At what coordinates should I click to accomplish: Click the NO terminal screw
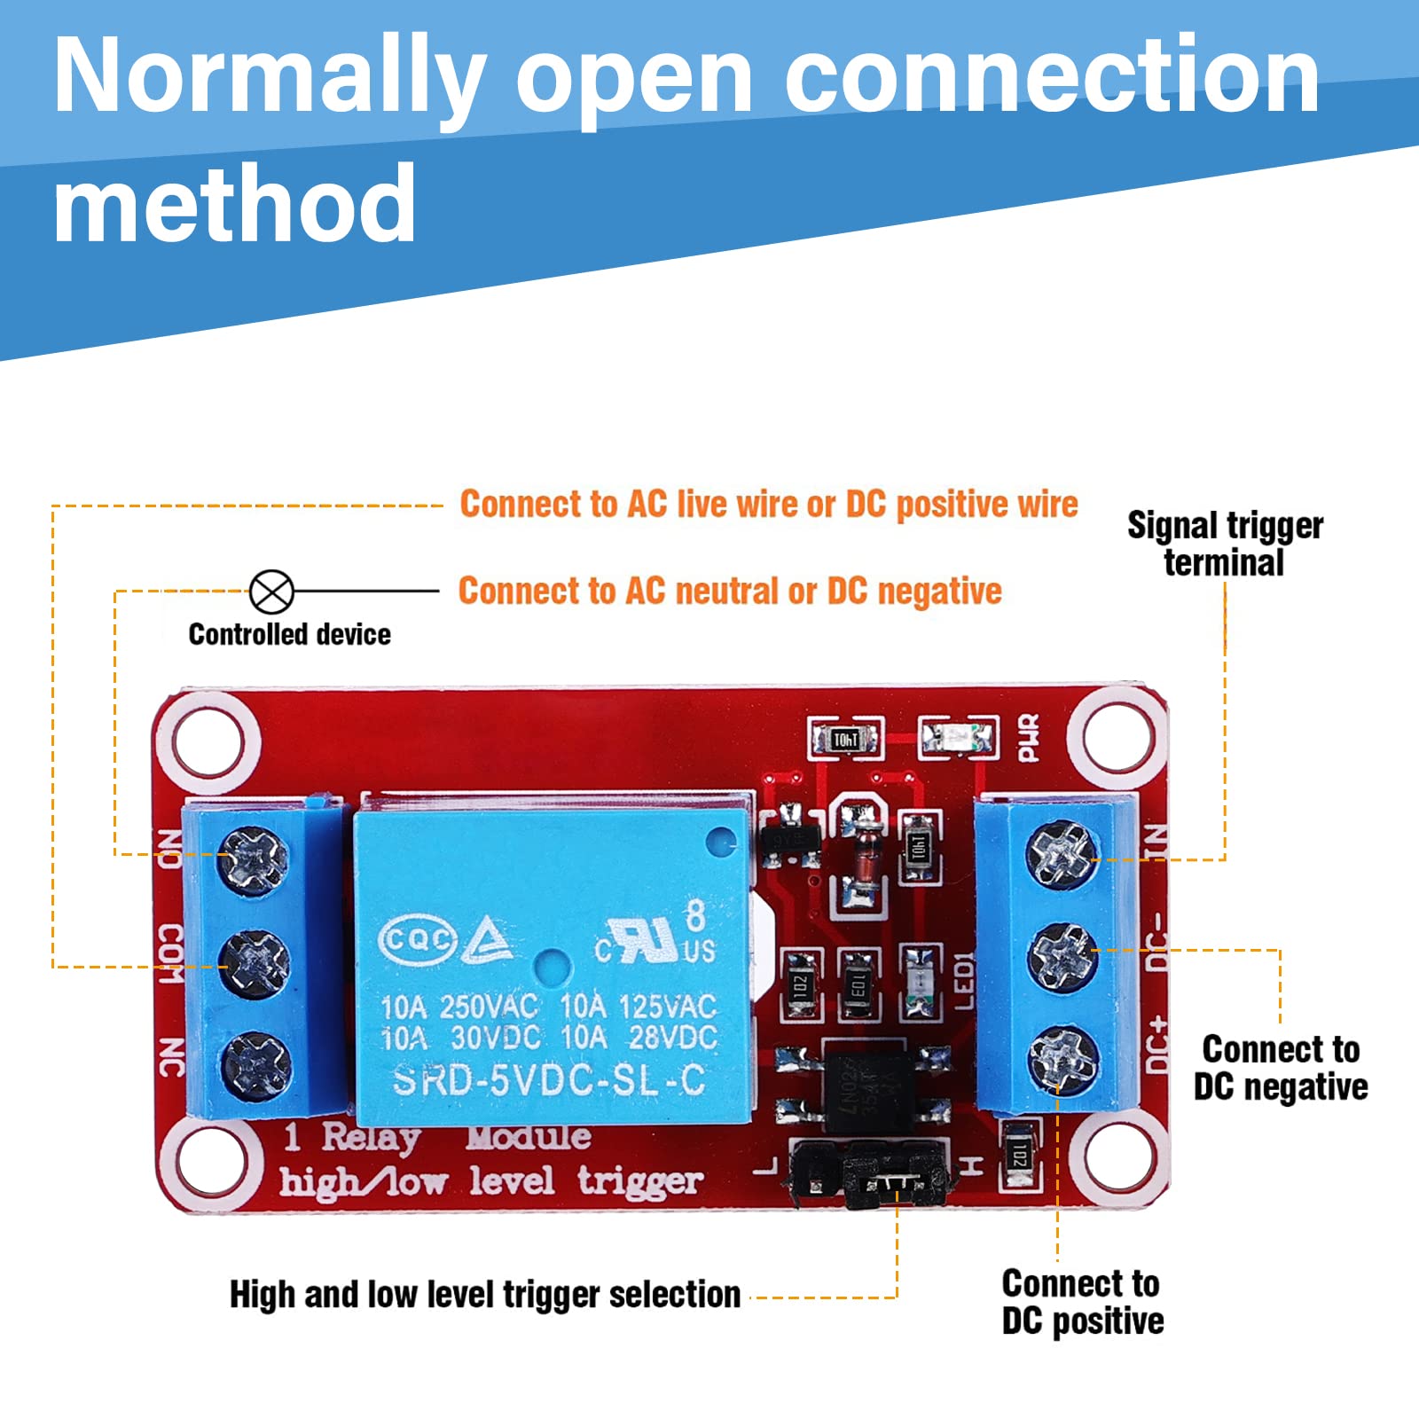(255, 858)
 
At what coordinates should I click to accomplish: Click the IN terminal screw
(1062, 854)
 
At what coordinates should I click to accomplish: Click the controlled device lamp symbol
(271, 592)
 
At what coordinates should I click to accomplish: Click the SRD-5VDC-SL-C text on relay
(549, 1080)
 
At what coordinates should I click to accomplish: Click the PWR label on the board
(1028, 738)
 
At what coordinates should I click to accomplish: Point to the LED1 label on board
(965, 981)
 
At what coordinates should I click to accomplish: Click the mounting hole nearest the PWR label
(1116, 738)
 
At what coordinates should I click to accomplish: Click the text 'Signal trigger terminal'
(1225, 544)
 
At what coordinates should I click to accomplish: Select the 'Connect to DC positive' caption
(1082, 1302)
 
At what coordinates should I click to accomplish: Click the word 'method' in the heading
(234, 204)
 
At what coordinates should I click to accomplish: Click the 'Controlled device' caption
(289, 634)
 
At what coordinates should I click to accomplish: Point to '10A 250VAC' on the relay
(459, 1007)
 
